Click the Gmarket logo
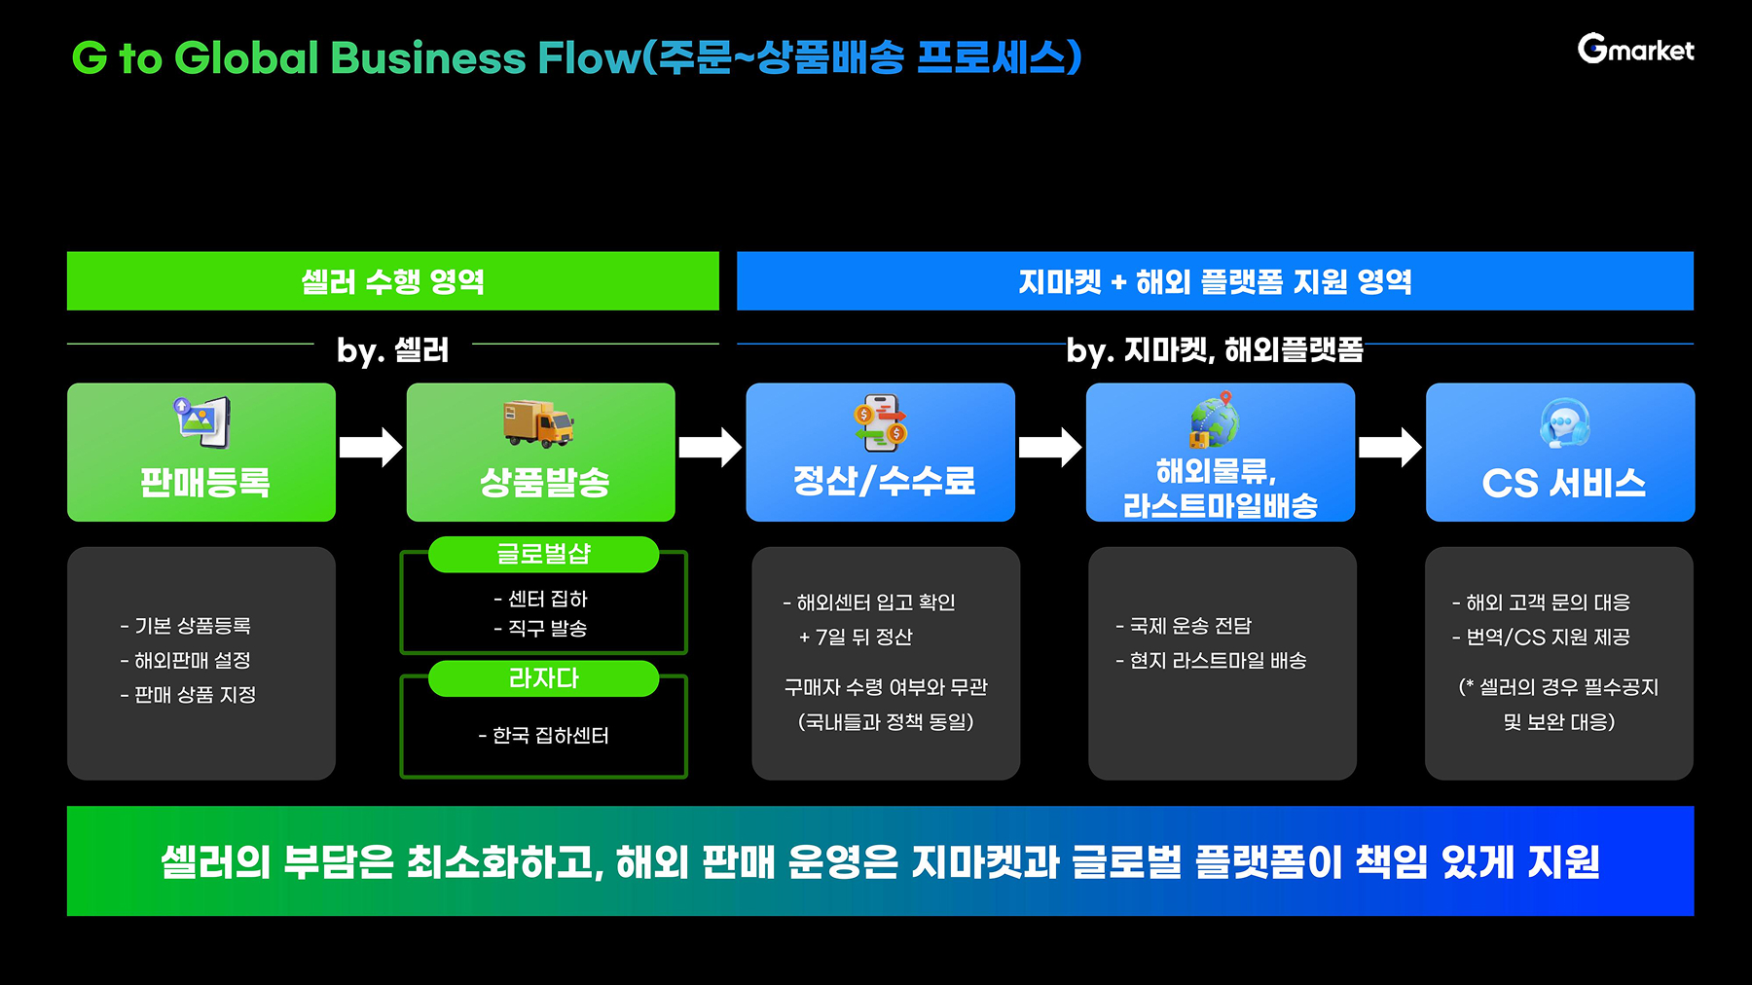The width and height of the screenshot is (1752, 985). click(x=1635, y=49)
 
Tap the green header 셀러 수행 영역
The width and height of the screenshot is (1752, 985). click(x=392, y=281)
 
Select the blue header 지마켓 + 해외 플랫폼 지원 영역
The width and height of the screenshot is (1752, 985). click(x=1215, y=281)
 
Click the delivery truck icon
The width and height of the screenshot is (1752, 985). click(x=538, y=423)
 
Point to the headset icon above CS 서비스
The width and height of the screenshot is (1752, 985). click(x=1564, y=423)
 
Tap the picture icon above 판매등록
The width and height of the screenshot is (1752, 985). click(x=201, y=420)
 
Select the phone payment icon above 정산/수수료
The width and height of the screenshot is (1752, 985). click(x=880, y=422)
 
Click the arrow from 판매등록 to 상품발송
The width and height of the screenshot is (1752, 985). click(x=371, y=447)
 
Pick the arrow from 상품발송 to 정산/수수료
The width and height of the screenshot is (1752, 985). click(x=711, y=447)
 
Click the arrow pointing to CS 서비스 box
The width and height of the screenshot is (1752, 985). click(x=1390, y=447)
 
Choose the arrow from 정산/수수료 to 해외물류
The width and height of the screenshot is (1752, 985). click(x=1050, y=447)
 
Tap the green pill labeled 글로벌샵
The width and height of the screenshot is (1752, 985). click(x=543, y=554)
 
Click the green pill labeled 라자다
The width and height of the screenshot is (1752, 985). click(x=543, y=678)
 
